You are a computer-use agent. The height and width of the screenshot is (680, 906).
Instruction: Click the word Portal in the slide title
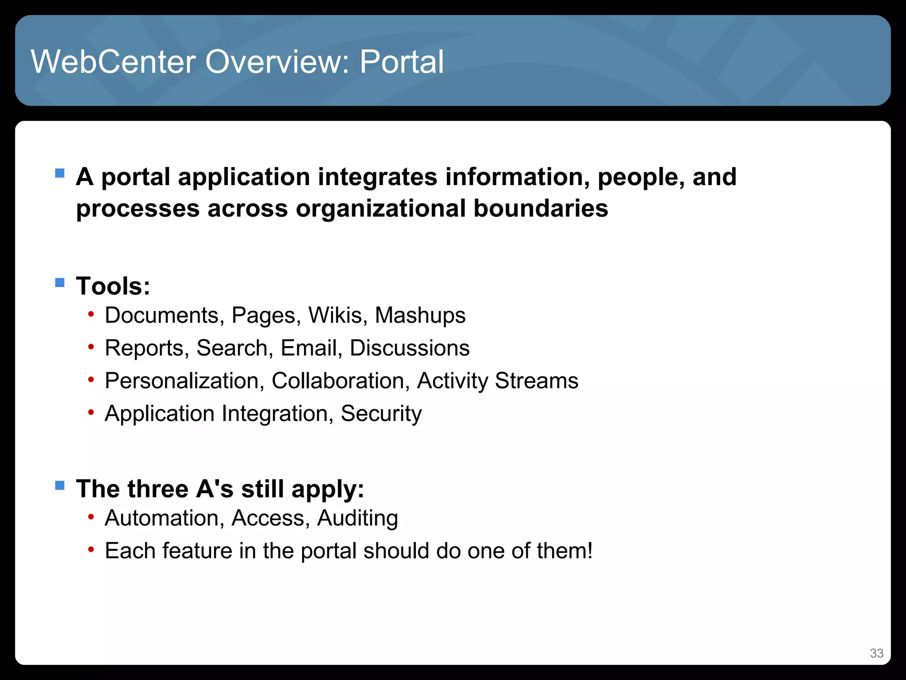point(401,62)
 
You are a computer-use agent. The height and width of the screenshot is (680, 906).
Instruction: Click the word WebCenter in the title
point(113,62)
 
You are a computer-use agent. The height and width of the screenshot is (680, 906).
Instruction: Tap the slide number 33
point(876,653)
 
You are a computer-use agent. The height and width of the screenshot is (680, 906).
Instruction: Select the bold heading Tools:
point(113,286)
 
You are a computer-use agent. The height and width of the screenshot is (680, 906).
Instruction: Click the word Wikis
point(338,316)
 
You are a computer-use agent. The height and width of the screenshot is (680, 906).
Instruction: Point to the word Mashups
point(420,316)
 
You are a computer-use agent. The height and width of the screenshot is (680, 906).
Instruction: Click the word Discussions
point(410,348)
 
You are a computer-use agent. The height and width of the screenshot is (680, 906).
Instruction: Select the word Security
point(381,414)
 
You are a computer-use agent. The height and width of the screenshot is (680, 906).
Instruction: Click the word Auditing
point(357,518)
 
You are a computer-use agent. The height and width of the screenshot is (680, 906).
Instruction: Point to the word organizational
point(380,209)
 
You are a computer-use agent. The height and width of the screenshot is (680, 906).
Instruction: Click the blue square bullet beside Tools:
point(60,282)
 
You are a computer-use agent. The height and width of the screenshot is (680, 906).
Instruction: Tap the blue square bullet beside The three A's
point(60,486)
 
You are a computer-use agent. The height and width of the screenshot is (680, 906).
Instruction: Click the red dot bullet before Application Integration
point(91,413)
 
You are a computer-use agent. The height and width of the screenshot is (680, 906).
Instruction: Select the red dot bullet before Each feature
point(91,550)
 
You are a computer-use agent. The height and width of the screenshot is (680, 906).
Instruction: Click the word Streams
point(536,381)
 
